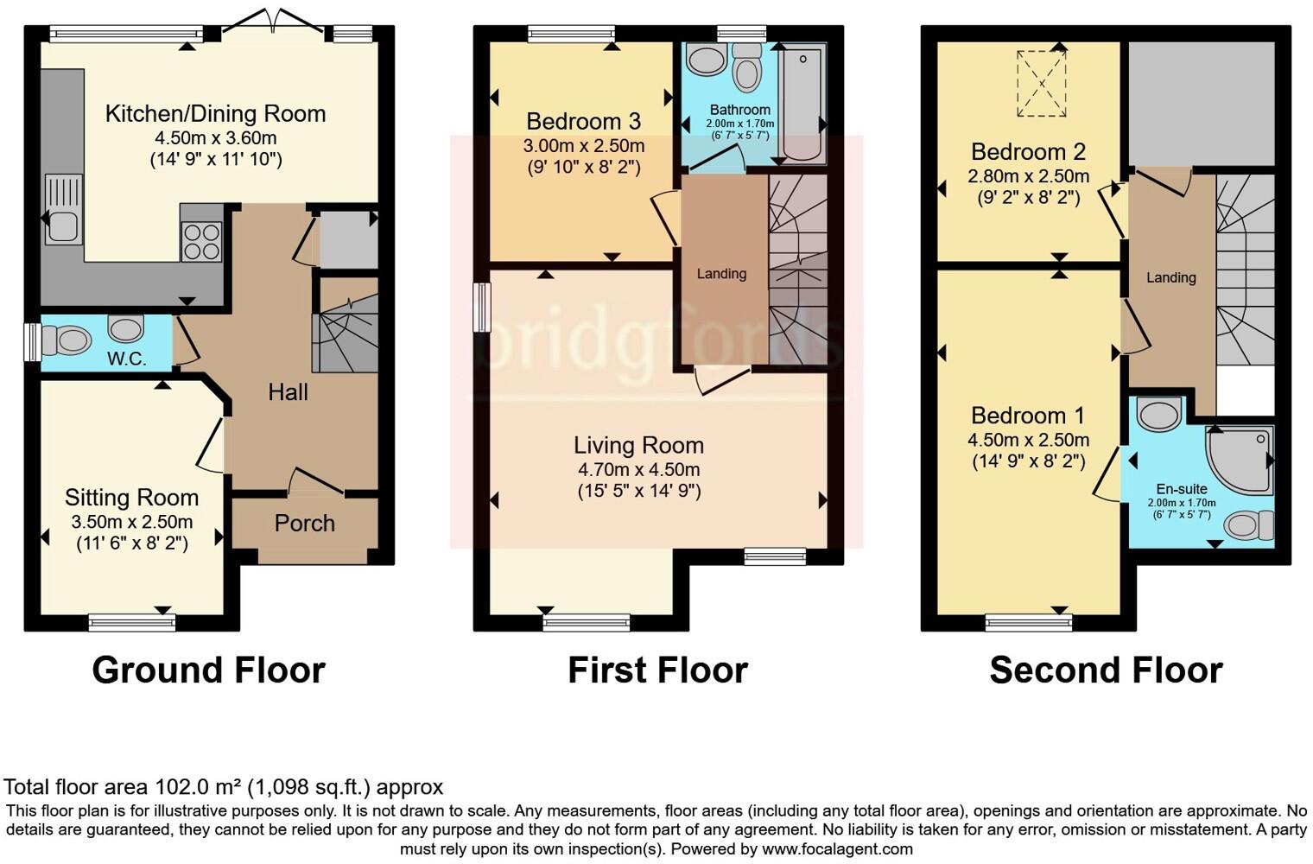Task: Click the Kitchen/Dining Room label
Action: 215,114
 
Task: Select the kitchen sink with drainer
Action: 62,209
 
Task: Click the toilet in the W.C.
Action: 66,340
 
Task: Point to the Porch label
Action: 304,524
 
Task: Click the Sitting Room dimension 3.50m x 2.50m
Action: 132,522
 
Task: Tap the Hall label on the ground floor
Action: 288,392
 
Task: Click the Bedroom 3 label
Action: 583,122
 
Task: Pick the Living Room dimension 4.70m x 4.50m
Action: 638,470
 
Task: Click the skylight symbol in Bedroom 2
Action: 1042,84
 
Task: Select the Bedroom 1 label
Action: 1027,416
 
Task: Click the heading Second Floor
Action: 1106,670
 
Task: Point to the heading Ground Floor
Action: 208,670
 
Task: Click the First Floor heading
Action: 657,670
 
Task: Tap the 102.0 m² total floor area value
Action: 198,787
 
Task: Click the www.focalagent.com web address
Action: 837,848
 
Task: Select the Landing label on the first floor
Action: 721,274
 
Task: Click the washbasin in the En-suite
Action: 1159,415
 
